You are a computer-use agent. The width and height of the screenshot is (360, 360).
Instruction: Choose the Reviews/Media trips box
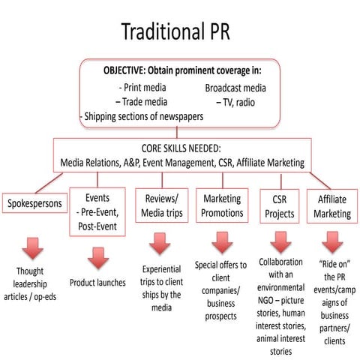(160, 205)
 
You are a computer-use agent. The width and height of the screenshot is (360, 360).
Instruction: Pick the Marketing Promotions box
(223, 205)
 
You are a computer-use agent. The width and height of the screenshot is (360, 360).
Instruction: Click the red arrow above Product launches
(97, 258)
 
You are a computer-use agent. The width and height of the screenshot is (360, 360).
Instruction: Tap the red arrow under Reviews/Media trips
(160, 243)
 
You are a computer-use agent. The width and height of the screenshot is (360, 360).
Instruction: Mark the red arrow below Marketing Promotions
(223, 242)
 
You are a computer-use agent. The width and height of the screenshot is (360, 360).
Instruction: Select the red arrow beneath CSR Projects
(280, 241)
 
